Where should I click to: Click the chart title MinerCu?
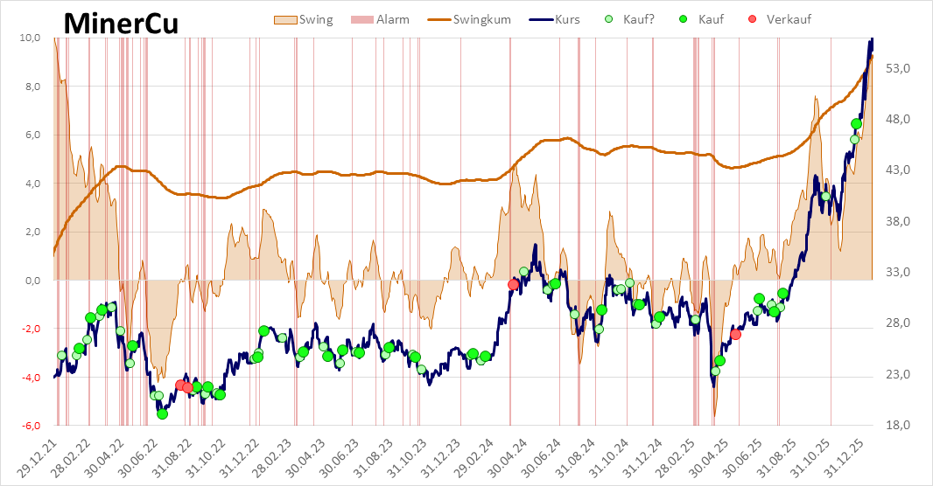point(121,24)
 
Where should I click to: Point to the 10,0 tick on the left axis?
point(31,38)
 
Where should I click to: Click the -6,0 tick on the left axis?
point(31,426)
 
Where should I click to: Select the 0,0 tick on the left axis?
point(32,281)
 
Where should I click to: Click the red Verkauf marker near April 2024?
point(514,284)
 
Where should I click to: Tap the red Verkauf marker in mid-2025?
point(735,334)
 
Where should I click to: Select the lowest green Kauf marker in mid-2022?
point(162,413)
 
